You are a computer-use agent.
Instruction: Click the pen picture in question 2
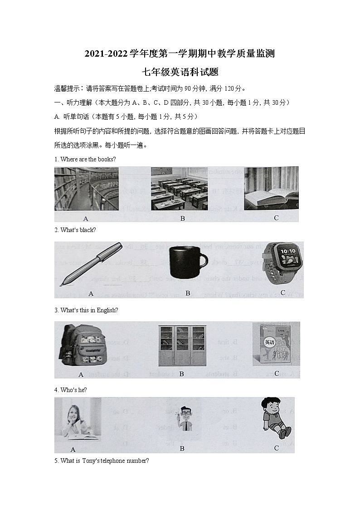click(x=91, y=264)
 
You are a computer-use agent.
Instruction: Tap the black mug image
click(x=187, y=262)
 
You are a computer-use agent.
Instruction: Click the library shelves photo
click(x=86, y=189)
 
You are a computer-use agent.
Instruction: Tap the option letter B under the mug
click(x=187, y=293)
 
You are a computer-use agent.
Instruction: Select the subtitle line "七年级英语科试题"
click(x=180, y=72)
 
